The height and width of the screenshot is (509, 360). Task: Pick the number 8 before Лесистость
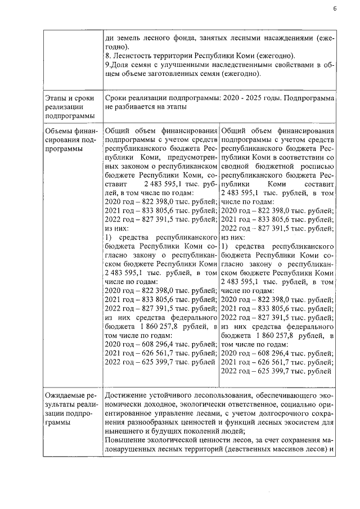tap(107, 56)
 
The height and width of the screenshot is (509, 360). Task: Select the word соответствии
tap(288, 158)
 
